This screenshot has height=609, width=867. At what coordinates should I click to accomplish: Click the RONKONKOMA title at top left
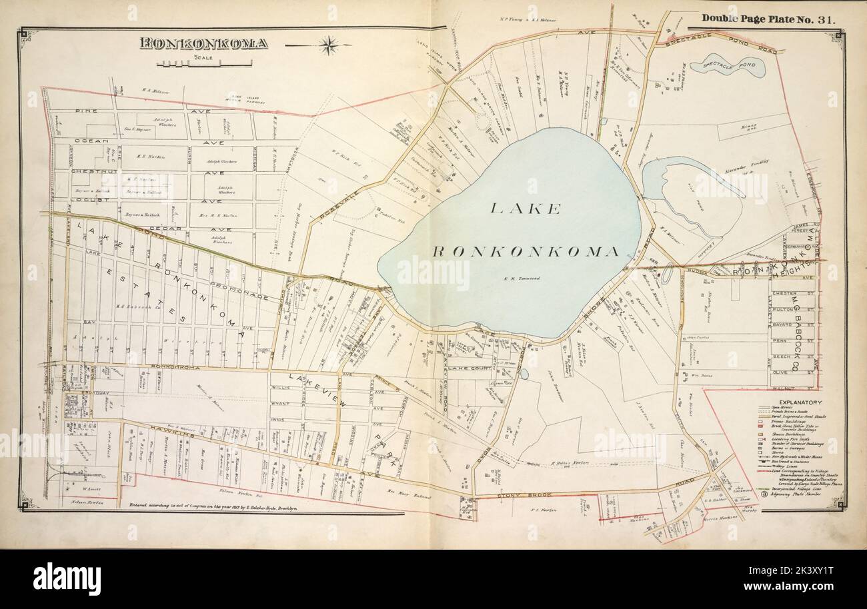[203, 44]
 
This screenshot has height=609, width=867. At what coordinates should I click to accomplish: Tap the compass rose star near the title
[327, 45]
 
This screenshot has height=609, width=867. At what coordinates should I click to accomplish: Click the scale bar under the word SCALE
[204, 65]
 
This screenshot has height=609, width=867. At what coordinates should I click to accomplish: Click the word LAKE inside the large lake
[525, 208]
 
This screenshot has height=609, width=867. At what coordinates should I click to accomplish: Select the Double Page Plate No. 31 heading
[767, 19]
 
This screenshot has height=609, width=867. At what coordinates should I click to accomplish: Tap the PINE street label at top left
[87, 111]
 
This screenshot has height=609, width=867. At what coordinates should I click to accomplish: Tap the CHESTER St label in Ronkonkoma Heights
[784, 293]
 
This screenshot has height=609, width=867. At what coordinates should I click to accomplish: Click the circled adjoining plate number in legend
[762, 494]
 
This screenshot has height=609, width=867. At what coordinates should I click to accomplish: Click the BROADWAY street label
[80, 393]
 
